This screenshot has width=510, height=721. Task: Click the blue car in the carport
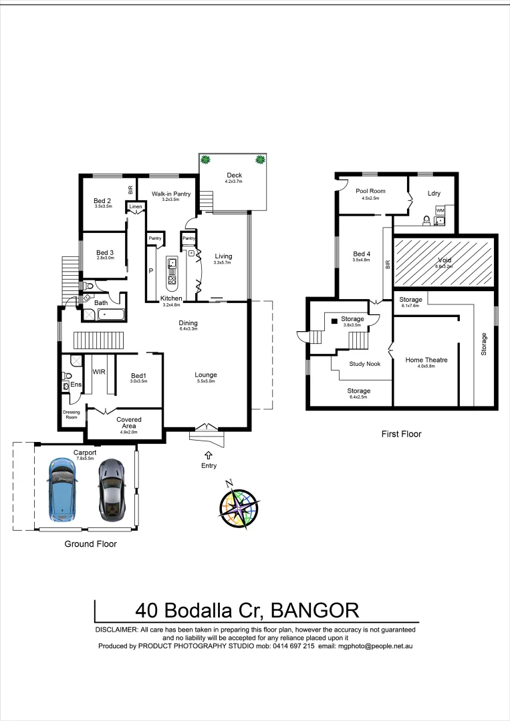tap(61, 490)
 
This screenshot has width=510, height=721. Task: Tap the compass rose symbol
tap(239, 506)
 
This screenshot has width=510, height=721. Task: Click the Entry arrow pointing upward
tap(209, 455)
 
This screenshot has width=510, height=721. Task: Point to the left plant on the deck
tap(206, 160)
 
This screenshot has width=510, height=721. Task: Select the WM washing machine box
tap(440, 210)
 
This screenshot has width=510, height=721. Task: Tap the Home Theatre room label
tap(426, 360)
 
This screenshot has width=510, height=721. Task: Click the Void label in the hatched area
tap(444, 260)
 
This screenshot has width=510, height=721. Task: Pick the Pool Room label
tap(367, 191)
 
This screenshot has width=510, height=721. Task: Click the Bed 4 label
tap(361, 254)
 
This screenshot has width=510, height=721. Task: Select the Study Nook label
tap(365, 365)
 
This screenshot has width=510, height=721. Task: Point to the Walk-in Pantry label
tap(172, 194)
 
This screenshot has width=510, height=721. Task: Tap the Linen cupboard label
tap(136, 207)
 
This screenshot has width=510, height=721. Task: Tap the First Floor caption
tap(402, 434)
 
